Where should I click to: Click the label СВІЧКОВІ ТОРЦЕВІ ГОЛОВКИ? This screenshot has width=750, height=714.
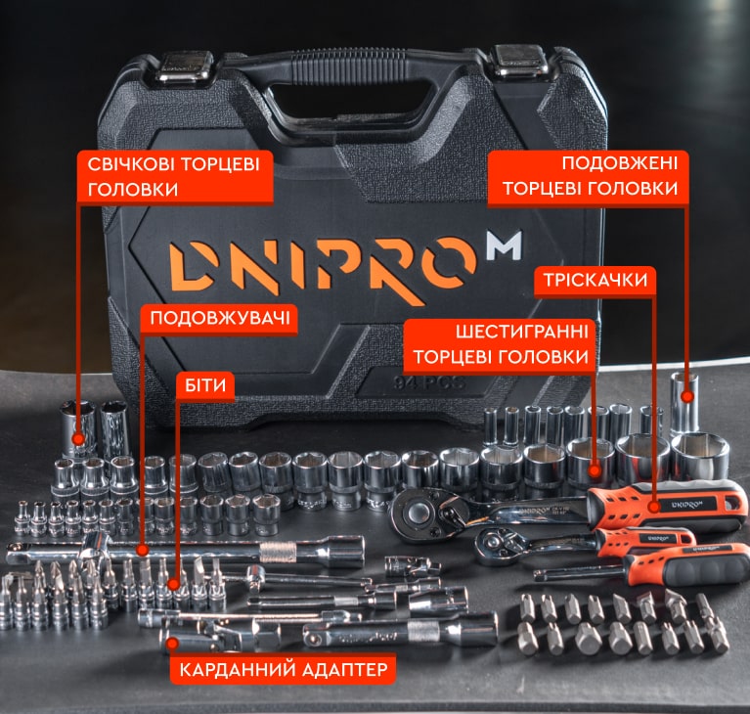174,177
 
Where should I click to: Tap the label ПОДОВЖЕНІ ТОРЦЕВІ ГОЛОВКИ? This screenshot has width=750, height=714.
590,176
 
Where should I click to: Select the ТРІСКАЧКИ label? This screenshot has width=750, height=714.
596,280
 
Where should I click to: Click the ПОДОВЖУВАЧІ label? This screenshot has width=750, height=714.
220,318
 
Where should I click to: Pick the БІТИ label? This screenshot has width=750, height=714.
205,384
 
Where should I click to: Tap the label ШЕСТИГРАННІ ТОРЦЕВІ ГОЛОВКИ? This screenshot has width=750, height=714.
501,344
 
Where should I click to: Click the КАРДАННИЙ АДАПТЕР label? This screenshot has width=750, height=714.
284,669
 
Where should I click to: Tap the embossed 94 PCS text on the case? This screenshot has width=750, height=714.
429,382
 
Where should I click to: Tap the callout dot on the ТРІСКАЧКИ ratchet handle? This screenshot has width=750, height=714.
654,507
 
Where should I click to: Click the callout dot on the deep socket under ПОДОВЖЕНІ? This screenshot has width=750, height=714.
687,396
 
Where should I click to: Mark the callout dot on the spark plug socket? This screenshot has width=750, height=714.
78,438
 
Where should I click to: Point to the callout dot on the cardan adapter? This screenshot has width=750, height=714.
173,643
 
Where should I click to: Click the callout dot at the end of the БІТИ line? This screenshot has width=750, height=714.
174,584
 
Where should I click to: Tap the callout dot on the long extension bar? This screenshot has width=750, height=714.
142,550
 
